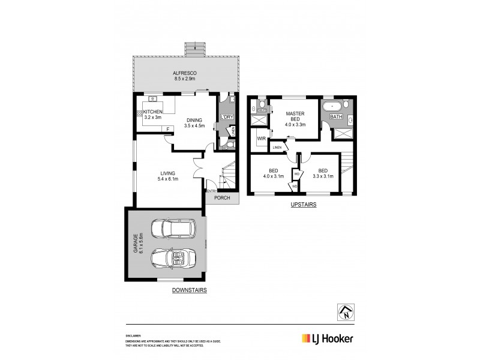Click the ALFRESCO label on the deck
(185, 73)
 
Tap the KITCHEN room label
(153, 112)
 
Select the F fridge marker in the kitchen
(168, 128)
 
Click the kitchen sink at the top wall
(152, 98)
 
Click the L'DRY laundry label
(227, 116)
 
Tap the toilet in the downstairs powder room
(223, 144)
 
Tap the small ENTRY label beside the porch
(211, 191)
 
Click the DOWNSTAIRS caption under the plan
(189, 290)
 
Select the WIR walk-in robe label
(261, 139)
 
